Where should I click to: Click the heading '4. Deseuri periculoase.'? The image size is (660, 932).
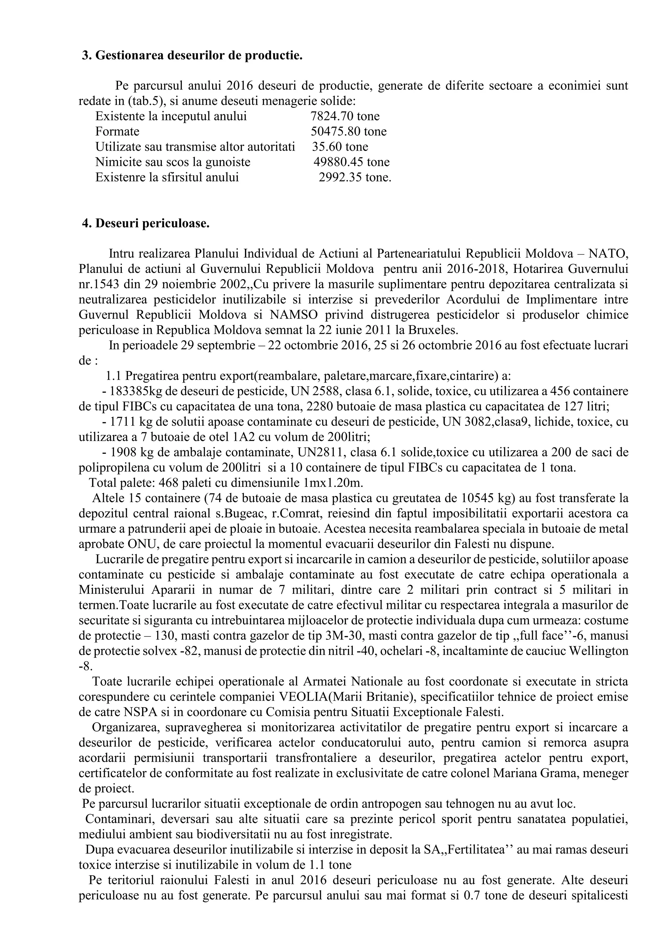coord(146,224)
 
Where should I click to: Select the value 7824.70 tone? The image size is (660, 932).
coord(345,116)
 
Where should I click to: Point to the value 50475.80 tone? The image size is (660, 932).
coord(348,132)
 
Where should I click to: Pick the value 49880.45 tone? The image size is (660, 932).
coord(351,162)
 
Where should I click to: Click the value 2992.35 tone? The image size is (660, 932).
coord(354,177)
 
